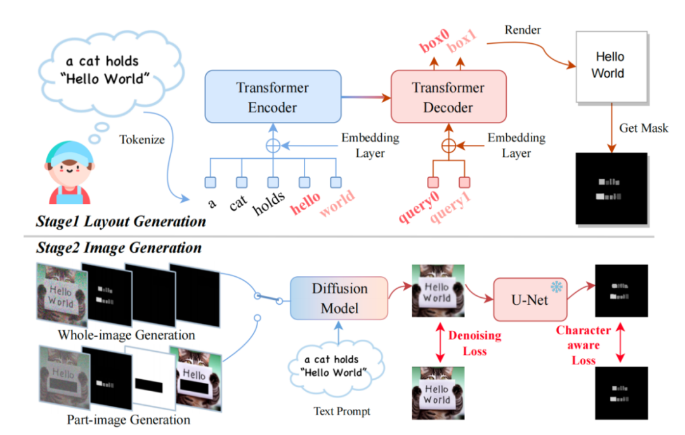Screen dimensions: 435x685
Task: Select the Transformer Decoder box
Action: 448,97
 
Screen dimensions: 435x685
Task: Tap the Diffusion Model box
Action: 339,298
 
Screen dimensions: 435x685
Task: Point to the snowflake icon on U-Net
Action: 556,287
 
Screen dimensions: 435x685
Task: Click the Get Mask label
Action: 644,129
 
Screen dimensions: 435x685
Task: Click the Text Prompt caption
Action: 341,412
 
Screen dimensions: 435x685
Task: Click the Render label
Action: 522,30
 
